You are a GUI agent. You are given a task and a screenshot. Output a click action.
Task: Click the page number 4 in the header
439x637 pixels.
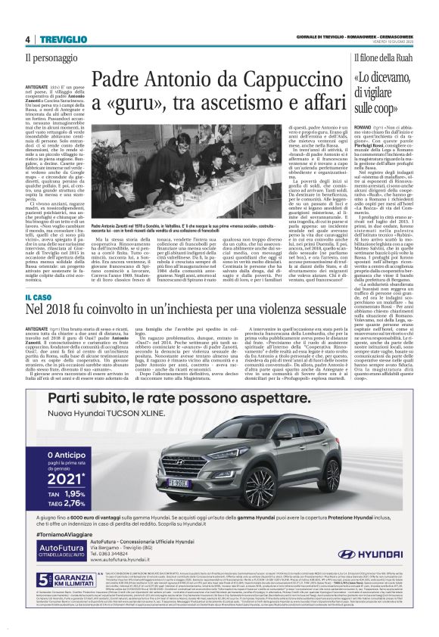tap(27, 39)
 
